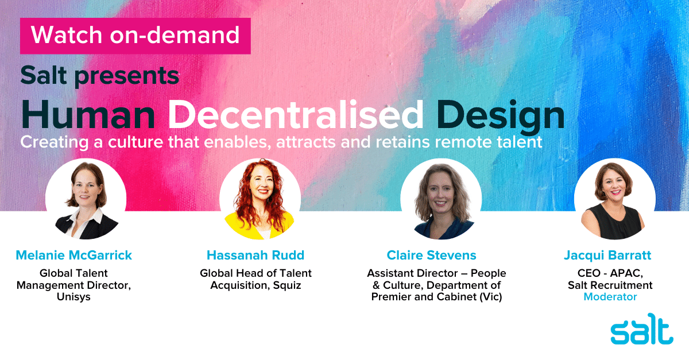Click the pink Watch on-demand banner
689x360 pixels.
pyautogui.click(x=136, y=36)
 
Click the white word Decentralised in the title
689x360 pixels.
pyautogui.click(x=296, y=115)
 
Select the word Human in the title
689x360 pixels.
pyautogui.click(x=88, y=115)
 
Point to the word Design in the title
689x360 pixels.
pyautogui.click(x=501, y=117)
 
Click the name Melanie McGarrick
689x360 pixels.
pyautogui.click(x=74, y=255)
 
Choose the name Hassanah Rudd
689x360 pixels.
pyautogui.click(x=256, y=255)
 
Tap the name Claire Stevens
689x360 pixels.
pyautogui.click(x=432, y=255)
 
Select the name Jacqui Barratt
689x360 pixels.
pyautogui.click(x=607, y=256)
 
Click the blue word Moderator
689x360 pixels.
pyautogui.click(x=610, y=297)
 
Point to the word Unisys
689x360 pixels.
pyautogui.click(x=73, y=297)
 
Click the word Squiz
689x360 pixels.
pyautogui.click(x=287, y=285)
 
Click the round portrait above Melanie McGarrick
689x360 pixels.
pyautogui.click(x=86, y=199)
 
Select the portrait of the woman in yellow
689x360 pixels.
pyautogui.click(x=260, y=199)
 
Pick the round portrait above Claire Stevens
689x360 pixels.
pyautogui.click(x=441, y=199)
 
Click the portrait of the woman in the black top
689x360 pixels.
pyautogui.click(x=614, y=199)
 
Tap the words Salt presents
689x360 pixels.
pyautogui.click(x=100, y=76)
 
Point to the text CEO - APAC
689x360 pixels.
pyautogui.click(x=610, y=273)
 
